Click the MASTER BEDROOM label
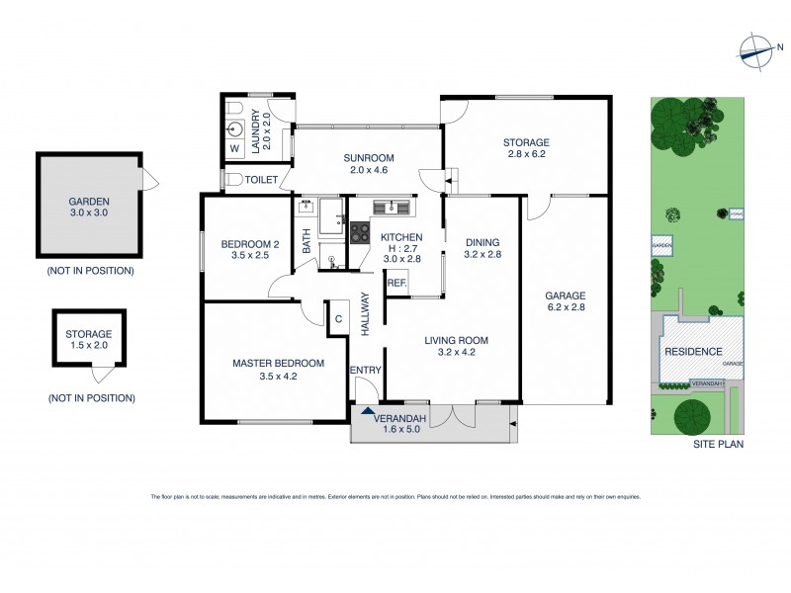pos(272,363)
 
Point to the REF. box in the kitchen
pos(397,284)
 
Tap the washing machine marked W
pos(234,148)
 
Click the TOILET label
pos(262,179)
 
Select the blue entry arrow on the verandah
pos(367,411)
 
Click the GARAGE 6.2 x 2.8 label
pos(566,295)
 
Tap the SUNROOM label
pos(369,157)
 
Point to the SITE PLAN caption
pos(718,445)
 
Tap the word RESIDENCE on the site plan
pos(691,352)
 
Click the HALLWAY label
pos(365,313)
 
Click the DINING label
pos(482,242)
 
